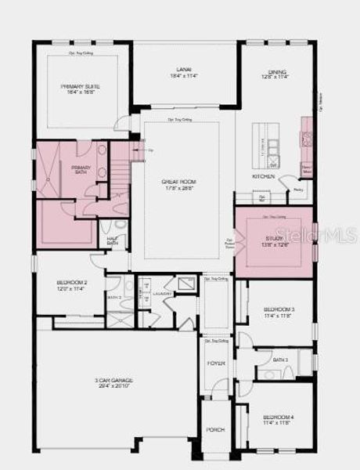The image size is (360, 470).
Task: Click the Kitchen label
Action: (x=262, y=176)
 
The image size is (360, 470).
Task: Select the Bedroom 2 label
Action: (x=71, y=283)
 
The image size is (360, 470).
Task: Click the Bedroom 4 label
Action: (x=278, y=417)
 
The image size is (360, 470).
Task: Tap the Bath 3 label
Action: (x=281, y=360)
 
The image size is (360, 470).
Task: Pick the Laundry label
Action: (x=162, y=294)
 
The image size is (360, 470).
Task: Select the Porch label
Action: (x=215, y=429)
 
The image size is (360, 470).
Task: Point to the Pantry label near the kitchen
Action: (x=297, y=190)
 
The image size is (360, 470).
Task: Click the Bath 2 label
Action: (x=114, y=298)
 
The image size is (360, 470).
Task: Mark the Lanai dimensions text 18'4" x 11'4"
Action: (x=185, y=76)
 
